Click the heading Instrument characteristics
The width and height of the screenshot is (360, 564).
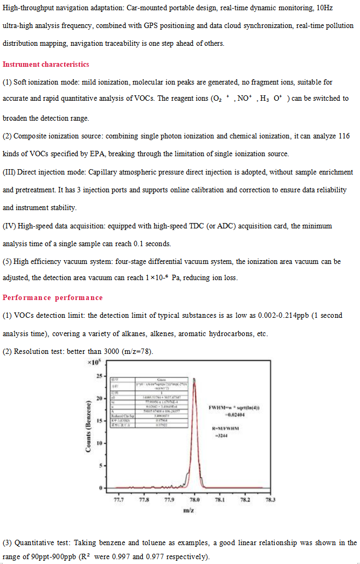click(46, 65)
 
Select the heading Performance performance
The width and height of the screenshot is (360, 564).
click(52, 298)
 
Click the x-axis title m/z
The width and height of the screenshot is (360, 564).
click(189, 510)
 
